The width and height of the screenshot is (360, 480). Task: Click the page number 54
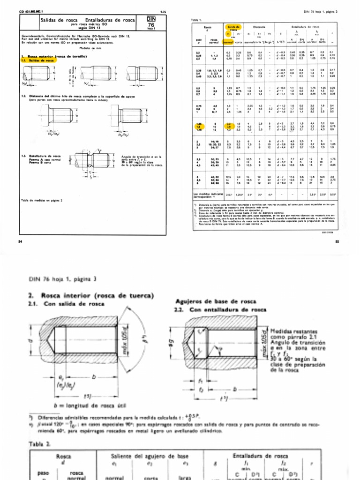(20, 241)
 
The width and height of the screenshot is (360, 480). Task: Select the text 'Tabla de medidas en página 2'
(42, 200)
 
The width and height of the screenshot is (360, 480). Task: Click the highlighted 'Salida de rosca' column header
(232, 28)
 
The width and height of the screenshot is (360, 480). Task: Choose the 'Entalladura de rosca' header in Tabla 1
(309, 28)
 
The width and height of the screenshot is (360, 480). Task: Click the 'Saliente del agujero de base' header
(142, 456)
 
